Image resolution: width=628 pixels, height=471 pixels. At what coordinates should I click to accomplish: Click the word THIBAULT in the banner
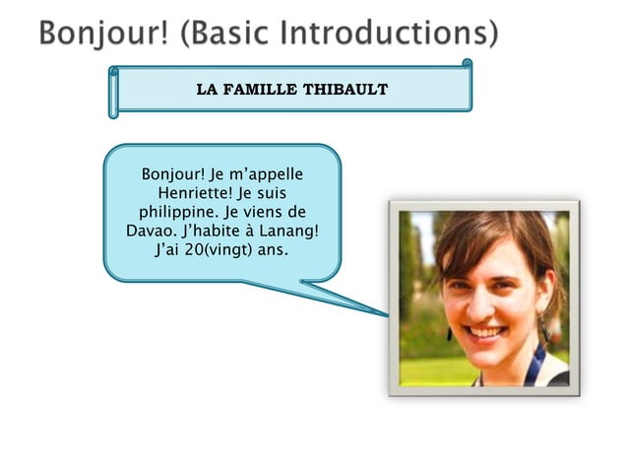[x=345, y=90]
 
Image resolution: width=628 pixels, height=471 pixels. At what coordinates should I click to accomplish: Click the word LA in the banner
[x=207, y=90]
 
